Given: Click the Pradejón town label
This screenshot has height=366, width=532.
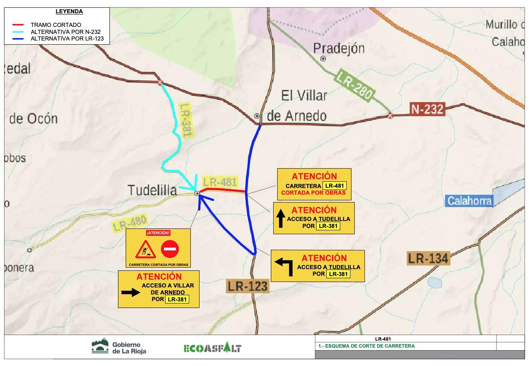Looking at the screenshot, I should (x=339, y=48).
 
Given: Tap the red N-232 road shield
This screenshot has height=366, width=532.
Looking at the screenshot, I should (x=427, y=109).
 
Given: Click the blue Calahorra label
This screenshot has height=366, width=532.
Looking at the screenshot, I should (x=469, y=201).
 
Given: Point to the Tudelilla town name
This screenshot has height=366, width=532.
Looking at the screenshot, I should (x=152, y=190).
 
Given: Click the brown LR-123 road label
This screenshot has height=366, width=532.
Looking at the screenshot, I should (x=248, y=286).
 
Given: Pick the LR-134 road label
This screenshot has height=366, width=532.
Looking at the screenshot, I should (x=428, y=258).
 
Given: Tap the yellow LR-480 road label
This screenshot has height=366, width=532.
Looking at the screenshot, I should (x=130, y=223).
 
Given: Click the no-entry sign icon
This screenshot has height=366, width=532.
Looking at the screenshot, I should (x=170, y=249).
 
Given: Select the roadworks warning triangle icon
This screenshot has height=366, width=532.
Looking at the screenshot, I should (x=146, y=250).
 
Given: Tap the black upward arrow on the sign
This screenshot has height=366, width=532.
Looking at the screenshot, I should (x=281, y=218).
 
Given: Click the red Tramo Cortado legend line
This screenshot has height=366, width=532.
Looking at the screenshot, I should (x=17, y=25).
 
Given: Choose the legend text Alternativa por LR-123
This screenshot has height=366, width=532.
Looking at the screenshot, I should (x=67, y=39).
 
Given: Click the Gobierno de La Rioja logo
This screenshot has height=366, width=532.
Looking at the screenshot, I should (x=119, y=347).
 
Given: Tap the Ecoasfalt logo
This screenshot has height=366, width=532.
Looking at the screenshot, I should (x=212, y=348).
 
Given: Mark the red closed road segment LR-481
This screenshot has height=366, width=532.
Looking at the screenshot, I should (x=225, y=190).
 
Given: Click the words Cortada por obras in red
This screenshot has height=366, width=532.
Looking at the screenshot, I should (x=313, y=193).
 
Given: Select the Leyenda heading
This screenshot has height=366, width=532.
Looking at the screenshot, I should (x=69, y=12).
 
